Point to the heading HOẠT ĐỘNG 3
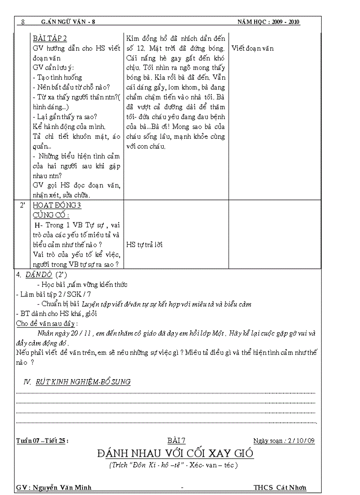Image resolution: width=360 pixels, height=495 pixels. tap(57, 205)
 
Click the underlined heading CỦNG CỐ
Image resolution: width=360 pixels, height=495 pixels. tap(51, 215)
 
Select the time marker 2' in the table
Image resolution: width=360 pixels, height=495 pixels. tap(22, 205)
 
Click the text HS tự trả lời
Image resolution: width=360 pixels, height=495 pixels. tap(144, 245)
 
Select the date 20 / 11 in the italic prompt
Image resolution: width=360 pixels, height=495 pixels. tap(80, 333)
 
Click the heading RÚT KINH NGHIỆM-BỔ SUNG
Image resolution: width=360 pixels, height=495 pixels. tap(83, 382)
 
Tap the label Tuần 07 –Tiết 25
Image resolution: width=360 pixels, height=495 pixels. tap(42, 440)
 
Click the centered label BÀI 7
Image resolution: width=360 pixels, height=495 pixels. tap(176, 440)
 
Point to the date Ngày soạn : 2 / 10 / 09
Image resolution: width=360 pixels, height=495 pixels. tap(284, 440)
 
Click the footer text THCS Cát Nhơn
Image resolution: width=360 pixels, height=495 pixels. tap(280, 488)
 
